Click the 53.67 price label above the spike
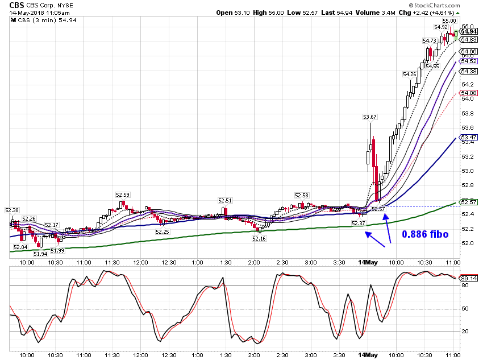pyautogui.click(x=370, y=117)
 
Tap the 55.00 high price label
pyautogui.click(x=449, y=20)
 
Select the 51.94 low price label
pyautogui.click(x=40, y=254)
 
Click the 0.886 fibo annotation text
pyautogui.click(x=425, y=234)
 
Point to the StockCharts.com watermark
pyautogui.click(x=434, y=5)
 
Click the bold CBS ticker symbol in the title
pyautogui.click(x=16, y=5)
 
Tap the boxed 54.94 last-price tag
pyautogui.click(x=469, y=31)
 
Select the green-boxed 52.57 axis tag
pyautogui.click(x=469, y=202)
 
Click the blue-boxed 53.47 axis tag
pyautogui.click(x=469, y=137)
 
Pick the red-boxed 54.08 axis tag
pyautogui.click(x=469, y=93)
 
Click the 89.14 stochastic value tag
pyautogui.click(x=469, y=278)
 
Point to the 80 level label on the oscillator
pyautogui.click(x=465, y=285)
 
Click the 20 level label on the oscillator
pyautogui.click(x=465, y=332)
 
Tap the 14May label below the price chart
pyautogui.click(x=368, y=262)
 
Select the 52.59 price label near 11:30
pyautogui.click(x=123, y=195)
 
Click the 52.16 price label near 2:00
pyautogui.click(x=259, y=238)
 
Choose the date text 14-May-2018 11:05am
pyautogui.click(x=39, y=13)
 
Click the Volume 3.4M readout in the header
pyautogui.click(x=375, y=13)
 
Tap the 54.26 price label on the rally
pyautogui.click(x=409, y=75)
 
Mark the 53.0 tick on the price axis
pyautogui.click(x=467, y=171)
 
